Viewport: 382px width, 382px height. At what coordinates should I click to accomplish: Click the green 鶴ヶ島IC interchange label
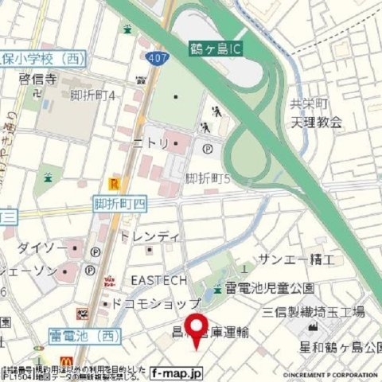[217, 49]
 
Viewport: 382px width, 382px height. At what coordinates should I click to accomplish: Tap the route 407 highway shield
[156, 57]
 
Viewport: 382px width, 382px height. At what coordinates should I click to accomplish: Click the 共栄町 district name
[304, 104]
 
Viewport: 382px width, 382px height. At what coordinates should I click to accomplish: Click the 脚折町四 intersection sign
[120, 205]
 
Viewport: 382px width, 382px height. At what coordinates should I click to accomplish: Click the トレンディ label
[149, 237]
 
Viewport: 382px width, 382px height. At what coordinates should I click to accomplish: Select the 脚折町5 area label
[207, 178]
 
